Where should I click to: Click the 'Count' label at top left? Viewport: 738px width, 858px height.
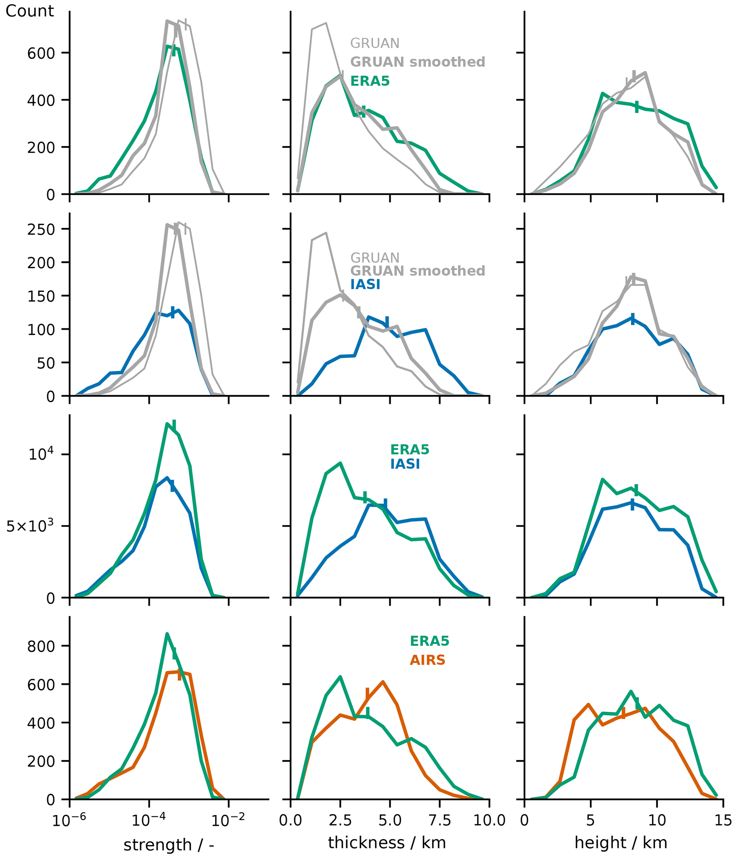pos(29,11)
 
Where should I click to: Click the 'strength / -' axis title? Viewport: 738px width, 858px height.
pos(169,845)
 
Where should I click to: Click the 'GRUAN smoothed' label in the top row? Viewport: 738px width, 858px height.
pos(417,62)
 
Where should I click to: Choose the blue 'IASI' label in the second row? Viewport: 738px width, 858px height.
pos(365,284)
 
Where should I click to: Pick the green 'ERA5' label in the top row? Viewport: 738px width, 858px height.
pos(370,81)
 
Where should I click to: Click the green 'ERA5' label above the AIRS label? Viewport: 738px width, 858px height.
pos(429,641)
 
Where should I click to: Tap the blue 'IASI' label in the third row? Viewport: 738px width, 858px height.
pos(405,464)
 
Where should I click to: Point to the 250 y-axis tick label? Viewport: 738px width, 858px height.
pos(41,230)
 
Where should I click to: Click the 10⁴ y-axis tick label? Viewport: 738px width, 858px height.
pos(41,454)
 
